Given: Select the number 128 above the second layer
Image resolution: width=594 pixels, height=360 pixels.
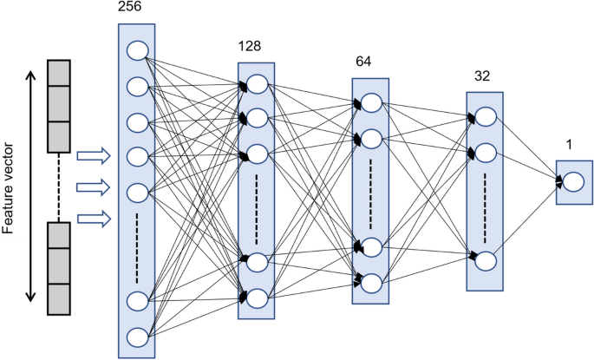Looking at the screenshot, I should [250, 45].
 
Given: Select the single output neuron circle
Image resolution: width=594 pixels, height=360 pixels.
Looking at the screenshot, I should [574, 181].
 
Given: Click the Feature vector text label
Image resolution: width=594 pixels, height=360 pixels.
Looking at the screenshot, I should [11, 186].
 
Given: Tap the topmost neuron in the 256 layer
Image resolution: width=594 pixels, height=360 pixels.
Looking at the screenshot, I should [137, 50].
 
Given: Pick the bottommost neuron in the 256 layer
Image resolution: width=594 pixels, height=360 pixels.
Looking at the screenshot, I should [137, 336].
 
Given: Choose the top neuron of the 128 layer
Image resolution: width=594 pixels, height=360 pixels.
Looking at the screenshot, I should [257, 84].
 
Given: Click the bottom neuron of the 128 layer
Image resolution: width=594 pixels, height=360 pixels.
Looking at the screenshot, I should [257, 298].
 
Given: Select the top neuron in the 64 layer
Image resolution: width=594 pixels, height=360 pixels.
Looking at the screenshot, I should [371, 104].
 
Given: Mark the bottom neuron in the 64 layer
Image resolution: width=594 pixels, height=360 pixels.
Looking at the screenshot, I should [371, 281].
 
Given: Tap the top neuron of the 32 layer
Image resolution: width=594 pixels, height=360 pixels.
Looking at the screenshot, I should [486, 117].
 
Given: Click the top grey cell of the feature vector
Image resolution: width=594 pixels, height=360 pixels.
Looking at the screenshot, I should [57, 73].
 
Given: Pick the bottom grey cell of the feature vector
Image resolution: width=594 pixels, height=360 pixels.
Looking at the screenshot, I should [57, 298].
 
